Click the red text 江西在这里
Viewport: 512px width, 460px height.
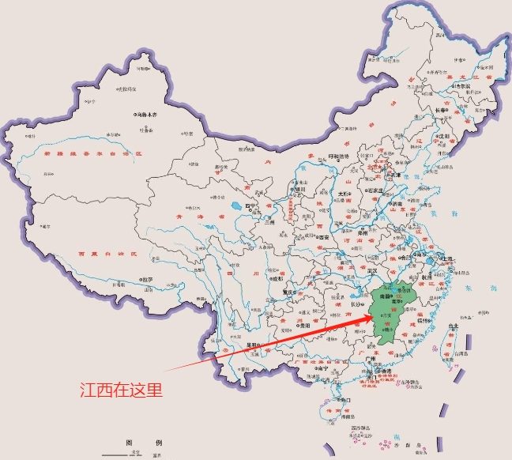[122, 390]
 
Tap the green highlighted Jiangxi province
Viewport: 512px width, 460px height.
[391, 312]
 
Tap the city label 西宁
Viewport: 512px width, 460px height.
[252, 207]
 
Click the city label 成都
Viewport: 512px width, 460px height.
[277, 279]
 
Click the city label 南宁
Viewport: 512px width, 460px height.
[321, 368]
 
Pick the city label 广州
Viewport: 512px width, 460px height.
[370, 358]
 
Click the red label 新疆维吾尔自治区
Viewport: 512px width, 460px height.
[91, 152]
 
